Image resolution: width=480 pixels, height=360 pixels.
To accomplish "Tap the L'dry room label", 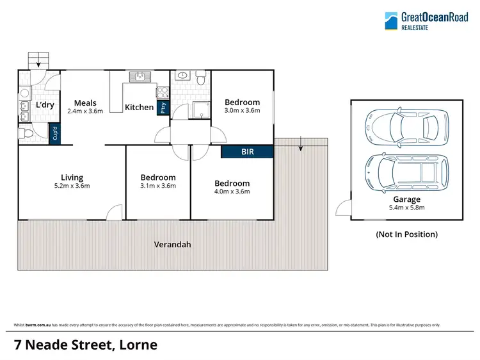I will point(44,105).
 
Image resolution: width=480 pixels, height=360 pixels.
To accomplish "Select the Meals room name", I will point(84,102).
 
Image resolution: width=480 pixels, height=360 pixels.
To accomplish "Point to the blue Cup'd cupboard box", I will point(56,135).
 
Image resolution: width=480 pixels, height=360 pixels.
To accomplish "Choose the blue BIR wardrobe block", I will point(247,152).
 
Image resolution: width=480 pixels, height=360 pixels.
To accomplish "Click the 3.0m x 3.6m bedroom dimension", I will point(242,110).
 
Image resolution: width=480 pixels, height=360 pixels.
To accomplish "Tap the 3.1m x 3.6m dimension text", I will point(158,186).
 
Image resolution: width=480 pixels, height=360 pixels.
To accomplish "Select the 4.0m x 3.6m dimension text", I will point(232,191).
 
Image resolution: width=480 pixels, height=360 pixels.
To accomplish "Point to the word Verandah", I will point(172,245).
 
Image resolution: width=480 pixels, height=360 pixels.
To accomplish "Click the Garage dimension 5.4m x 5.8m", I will point(406,208).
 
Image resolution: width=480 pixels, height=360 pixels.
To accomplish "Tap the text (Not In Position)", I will point(406,234).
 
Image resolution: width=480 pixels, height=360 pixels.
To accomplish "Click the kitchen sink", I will point(139,78).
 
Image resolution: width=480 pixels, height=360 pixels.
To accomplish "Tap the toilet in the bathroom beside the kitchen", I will point(200,79).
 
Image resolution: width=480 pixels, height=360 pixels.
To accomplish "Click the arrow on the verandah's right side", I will point(300,147).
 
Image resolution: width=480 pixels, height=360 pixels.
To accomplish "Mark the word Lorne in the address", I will point(136,345).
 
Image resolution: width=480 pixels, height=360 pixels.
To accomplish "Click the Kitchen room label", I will point(139,107).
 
